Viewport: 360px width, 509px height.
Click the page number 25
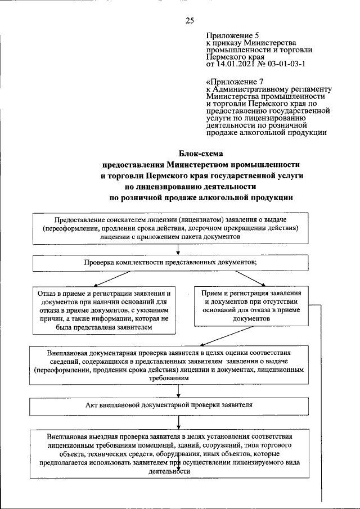190,21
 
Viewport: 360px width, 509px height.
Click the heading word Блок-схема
201,152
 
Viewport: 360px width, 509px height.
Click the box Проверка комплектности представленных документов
171,263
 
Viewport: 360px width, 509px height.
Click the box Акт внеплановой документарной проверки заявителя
169,405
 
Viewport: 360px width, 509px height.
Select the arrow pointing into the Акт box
178,391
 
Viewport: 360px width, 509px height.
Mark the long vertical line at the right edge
323,405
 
